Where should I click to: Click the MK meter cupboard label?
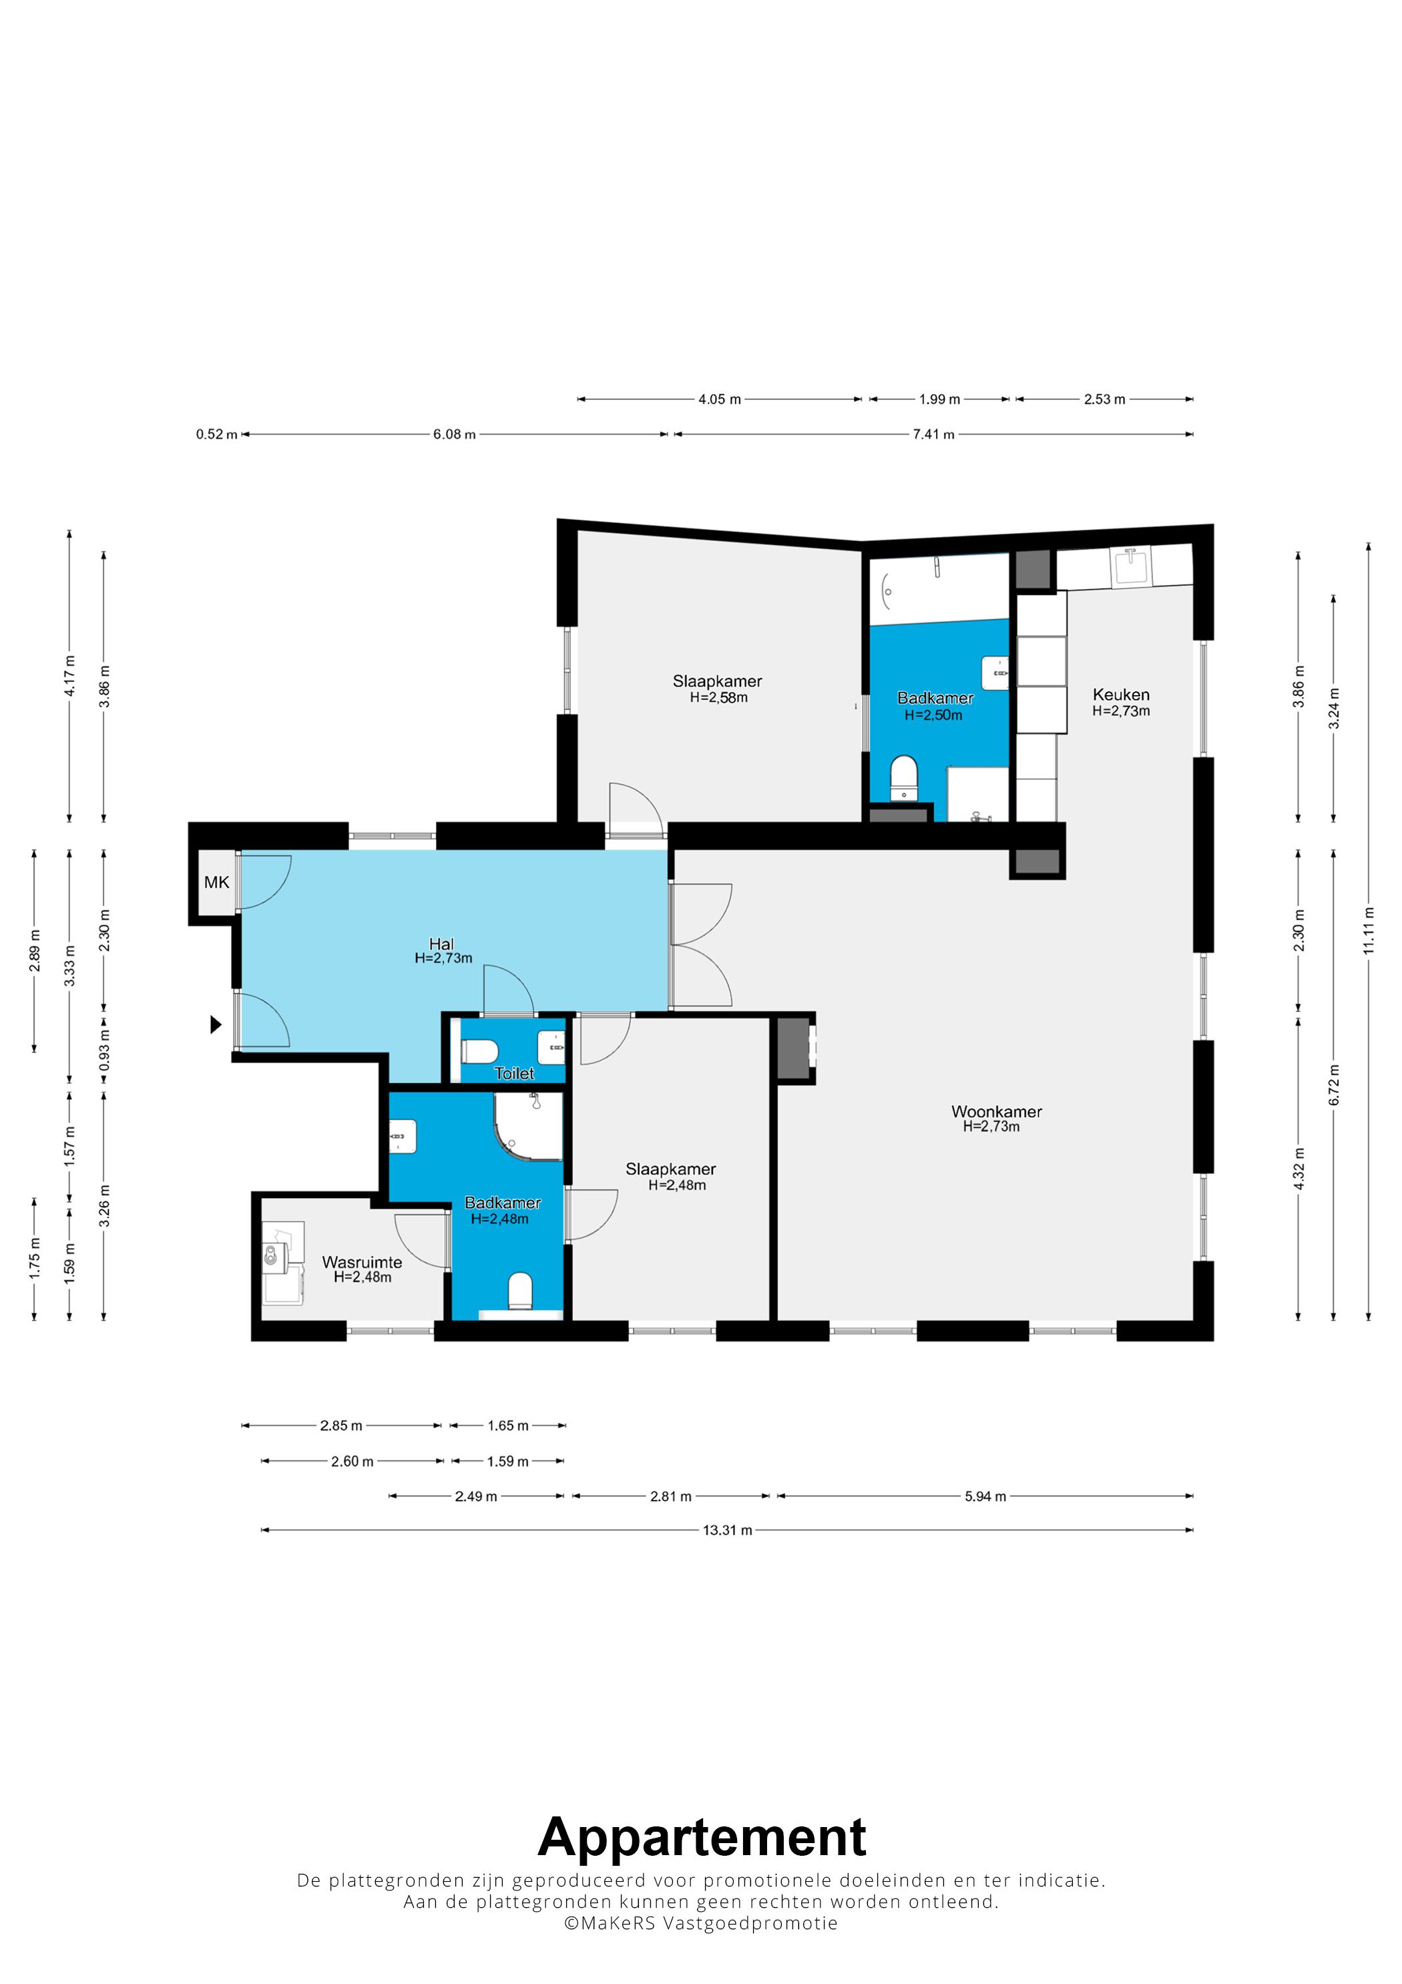(x=217, y=882)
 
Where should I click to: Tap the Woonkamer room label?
(x=996, y=1111)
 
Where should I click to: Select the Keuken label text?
(x=1120, y=694)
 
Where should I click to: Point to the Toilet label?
(x=514, y=1072)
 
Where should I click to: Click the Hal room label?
(x=441, y=944)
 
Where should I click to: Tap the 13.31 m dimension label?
(x=727, y=1531)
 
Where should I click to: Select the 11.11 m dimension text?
(x=1369, y=931)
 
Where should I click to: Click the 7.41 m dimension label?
(x=934, y=434)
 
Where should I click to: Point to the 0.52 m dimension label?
(x=216, y=434)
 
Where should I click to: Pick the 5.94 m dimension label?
(x=985, y=1496)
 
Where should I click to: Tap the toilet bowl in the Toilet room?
(x=479, y=1050)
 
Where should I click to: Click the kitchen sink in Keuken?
(x=1131, y=567)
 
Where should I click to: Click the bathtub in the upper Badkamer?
(x=939, y=590)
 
